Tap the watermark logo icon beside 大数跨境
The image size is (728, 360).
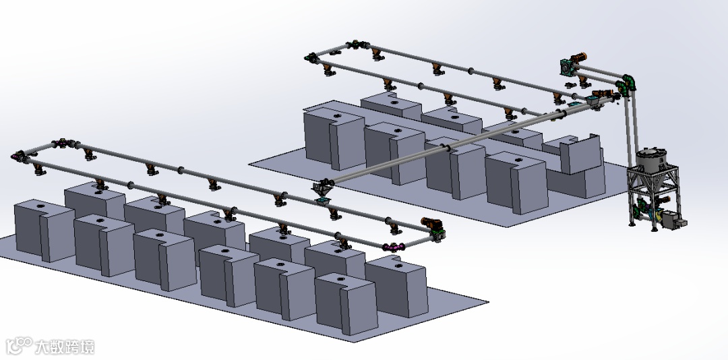point(19,346)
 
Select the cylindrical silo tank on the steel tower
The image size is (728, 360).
point(651,160)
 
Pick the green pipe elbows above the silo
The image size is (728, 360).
point(628,84)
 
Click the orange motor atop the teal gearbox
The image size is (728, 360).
point(578,59)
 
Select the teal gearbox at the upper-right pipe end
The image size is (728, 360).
point(568,67)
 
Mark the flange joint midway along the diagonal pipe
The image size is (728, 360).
point(448,148)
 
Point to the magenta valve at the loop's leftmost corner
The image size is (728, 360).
point(19,156)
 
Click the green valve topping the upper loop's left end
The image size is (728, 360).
point(355,44)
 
